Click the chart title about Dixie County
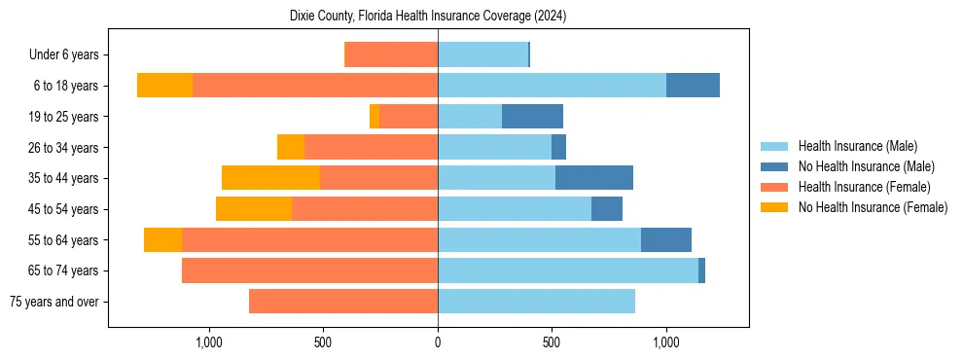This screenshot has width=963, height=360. click(428, 17)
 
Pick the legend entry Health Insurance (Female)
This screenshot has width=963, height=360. click(860, 187)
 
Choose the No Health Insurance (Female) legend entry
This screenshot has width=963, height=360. click(873, 207)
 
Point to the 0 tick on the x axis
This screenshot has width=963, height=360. click(438, 342)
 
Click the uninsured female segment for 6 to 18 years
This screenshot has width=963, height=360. click(164, 86)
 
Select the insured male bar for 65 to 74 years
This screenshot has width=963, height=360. click(568, 270)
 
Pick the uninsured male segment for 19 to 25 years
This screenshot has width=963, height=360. click(532, 117)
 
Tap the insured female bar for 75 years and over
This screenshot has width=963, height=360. click(343, 302)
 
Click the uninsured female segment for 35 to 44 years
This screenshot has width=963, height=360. click(270, 178)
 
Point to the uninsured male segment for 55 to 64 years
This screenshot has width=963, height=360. click(666, 239)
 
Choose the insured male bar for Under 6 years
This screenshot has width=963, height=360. click(482, 55)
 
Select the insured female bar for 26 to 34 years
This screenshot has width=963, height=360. click(371, 147)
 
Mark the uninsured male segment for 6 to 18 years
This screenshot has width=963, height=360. click(693, 86)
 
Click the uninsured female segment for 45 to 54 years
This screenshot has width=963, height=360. click(254, 209)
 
